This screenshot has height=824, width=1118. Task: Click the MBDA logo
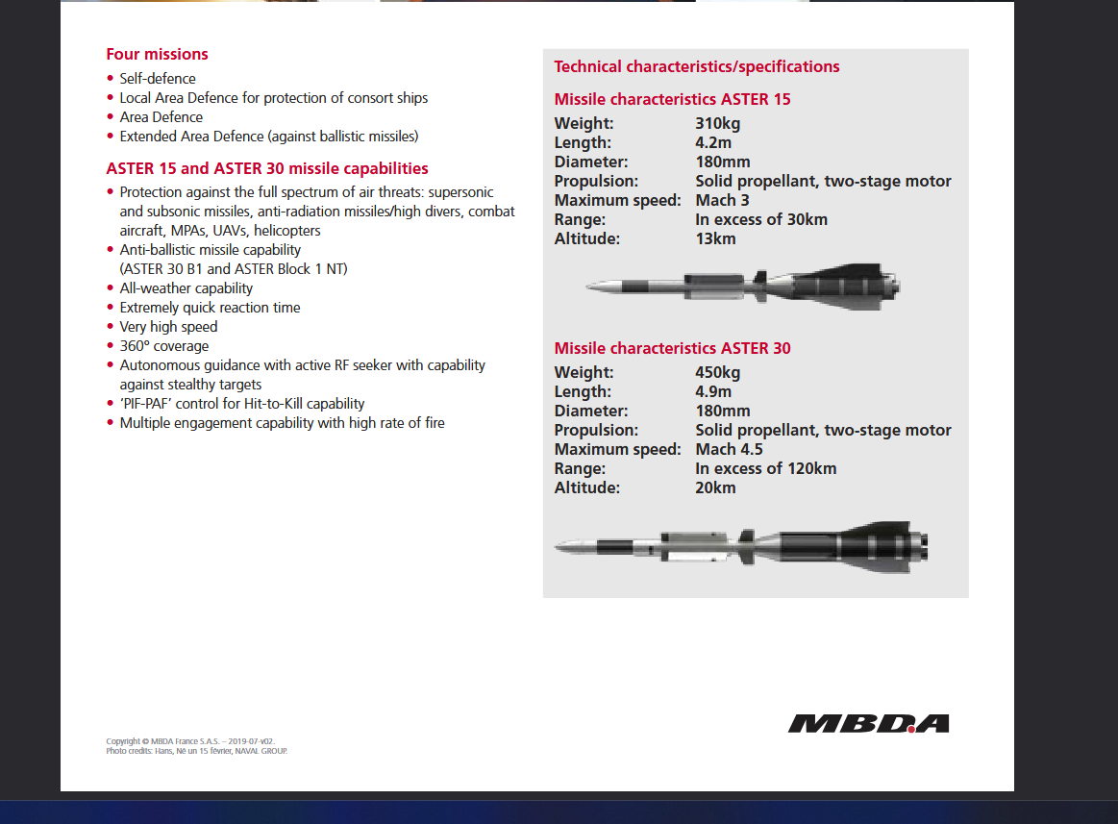pyautogui.click(x=868, y=723)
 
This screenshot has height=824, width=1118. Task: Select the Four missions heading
pyautogui.click(x=157, y=54)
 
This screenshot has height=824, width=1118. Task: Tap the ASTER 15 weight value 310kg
pyautogui.click(x=717, y=123)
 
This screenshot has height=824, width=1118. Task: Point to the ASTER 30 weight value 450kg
pyautogui.click(x=717, y=372)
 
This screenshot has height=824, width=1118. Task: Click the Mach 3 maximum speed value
pyautogui.click(x=722, y=200)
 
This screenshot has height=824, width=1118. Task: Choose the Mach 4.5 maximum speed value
pyautogui.click(x=729, y=449)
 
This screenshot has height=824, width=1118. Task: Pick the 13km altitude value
pyautogui.click(x=715, y=238)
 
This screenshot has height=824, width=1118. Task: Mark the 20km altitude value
pyautogui.click(x=715, y=487)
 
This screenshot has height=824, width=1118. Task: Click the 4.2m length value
pyautogui.click(x=713, y=142)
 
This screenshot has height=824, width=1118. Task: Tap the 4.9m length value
pyautogui.click(x=713, y=391)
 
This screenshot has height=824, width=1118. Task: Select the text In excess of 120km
pyautogui.click(x=765, y=468)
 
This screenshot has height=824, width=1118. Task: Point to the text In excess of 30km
pyautogui.click(x=760, y=219)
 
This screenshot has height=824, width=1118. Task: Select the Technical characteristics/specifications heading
pyautogui.click(x=697, y=66)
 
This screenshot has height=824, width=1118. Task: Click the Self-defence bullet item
pyautogui.click(x=157, y=79)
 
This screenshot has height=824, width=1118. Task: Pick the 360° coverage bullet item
pyautogui.click(x=163, y=346)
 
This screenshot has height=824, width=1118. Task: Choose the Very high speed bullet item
pyautogui.click(x=168, y=327)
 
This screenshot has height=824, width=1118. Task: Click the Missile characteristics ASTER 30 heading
pyautogui.click(x=672, y=348)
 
